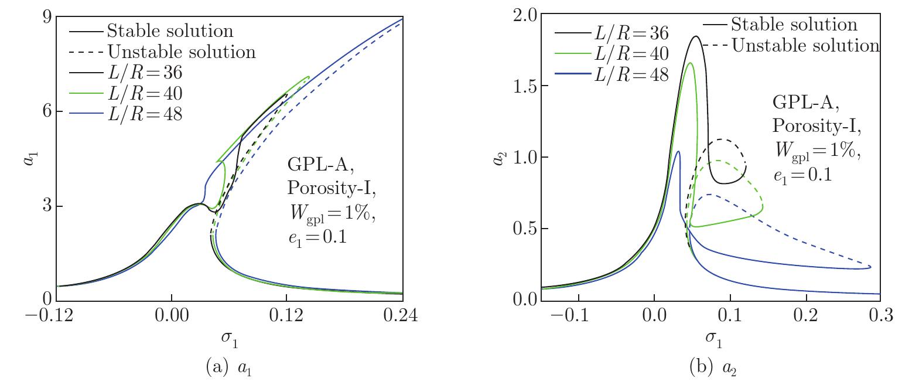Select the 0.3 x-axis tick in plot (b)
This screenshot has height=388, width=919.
(x=880, y=316)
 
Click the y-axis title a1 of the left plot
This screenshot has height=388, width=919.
(x=28, y=158)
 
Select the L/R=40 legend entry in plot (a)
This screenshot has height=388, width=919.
(x=145, y=93)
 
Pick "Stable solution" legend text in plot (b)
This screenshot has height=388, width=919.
(x=794, y=24)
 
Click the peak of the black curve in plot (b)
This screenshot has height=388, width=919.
(x=696, y=36)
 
